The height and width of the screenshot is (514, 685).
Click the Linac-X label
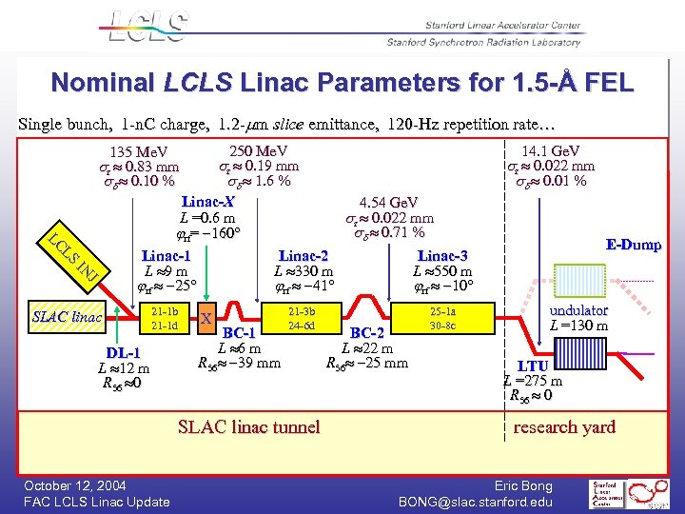[207, 202]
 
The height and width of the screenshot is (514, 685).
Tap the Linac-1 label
[166, 255]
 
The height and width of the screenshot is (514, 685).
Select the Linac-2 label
[303, 255]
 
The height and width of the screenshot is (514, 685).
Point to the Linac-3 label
[442, 255]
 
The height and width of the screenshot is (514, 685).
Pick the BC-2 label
[366, 333]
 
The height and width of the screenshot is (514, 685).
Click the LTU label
[532, 366]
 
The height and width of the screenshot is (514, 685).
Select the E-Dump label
[633, 245]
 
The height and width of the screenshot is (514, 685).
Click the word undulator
[578, 310]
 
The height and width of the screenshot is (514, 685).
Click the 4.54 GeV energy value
[387, 203]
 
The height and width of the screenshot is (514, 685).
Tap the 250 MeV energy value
[259, 150]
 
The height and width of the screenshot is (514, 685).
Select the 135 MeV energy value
[139, 152]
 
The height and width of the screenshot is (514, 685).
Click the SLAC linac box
[68, 317]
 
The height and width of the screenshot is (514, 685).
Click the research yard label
[564, 427]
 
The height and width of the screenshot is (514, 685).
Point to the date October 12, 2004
[75, 486]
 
